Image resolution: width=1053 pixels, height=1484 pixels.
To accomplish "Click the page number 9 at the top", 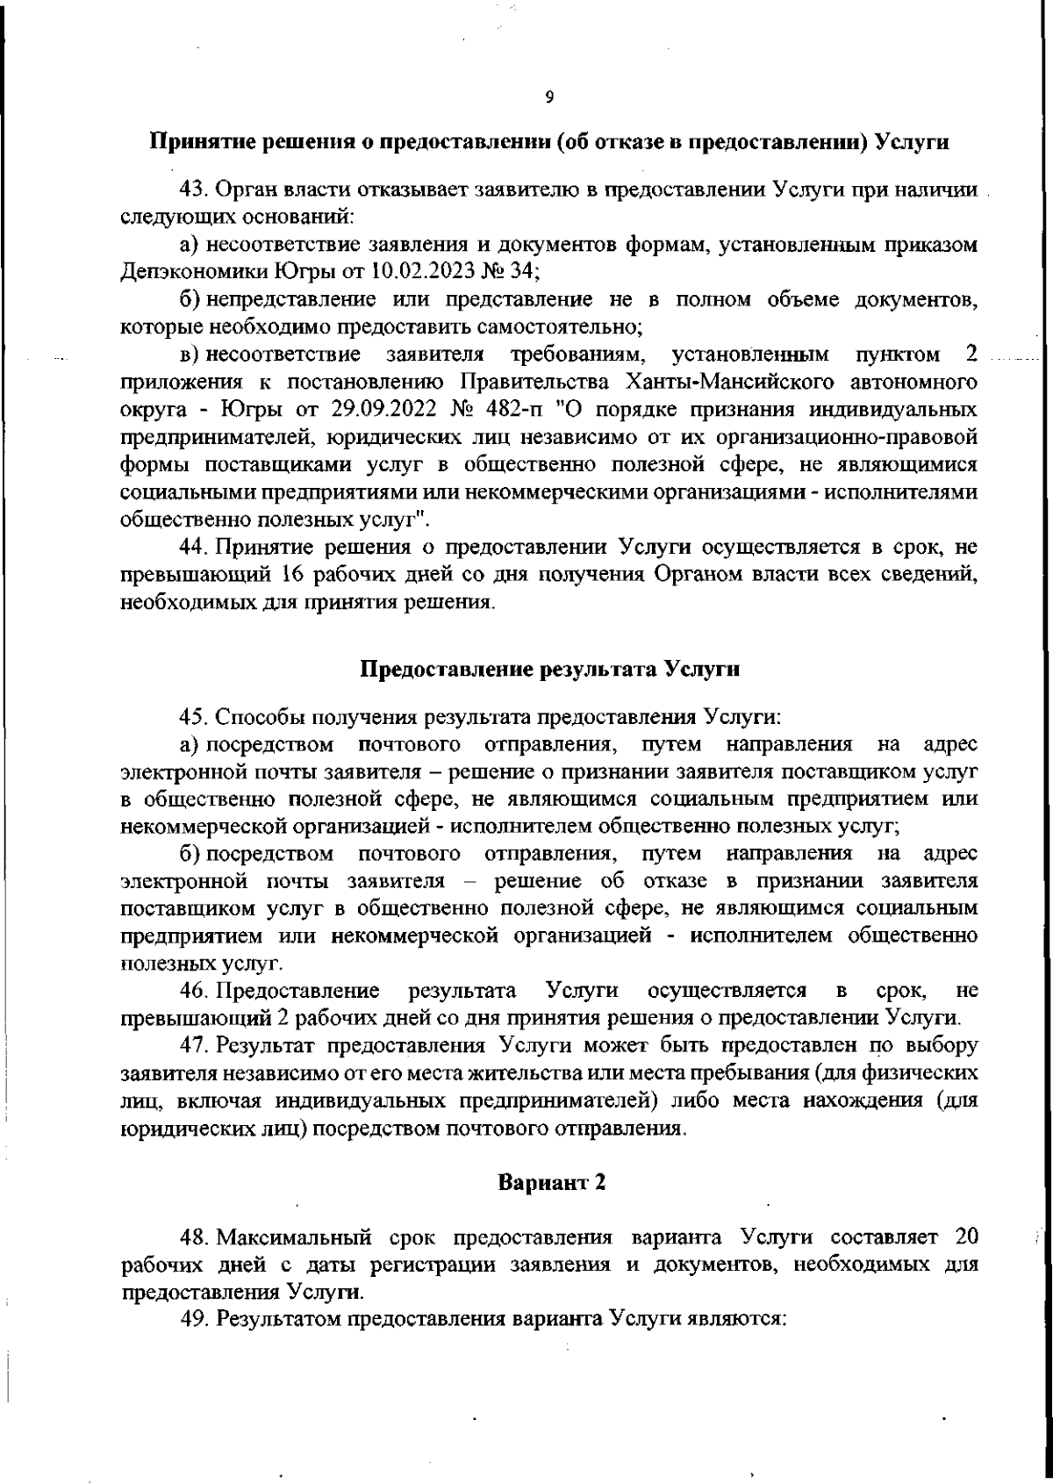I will pyautogui.click(x=548, y=97).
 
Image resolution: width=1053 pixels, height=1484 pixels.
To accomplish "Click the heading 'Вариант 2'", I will pyautogui.click(x=552, y=1182).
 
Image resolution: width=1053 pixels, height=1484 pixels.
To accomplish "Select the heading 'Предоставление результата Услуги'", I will pyautogui.click(x=551, y=670).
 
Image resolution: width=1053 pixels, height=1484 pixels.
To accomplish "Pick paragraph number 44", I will pyautogui.click(x=192, y=548).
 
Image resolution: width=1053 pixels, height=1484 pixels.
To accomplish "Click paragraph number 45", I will pyautogui.click(x=192, y=718).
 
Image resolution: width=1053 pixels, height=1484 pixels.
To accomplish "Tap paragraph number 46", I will pyautogui.click(x=192, y=992).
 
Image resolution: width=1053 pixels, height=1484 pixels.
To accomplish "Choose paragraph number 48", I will pyautogui.click(x=192, y=1237).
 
